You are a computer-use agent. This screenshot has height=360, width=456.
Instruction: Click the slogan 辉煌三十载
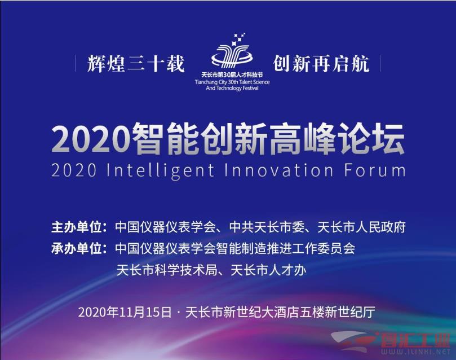[136, 64]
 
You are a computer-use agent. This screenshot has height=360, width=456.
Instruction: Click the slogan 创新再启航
[321, 64]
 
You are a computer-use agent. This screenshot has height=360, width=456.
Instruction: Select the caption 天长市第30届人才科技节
[232, 75]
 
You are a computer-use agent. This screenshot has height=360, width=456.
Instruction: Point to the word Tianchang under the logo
[206, 82]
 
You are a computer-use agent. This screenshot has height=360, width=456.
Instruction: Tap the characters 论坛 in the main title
[371, 139]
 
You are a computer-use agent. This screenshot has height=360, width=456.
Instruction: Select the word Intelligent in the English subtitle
[161, 171]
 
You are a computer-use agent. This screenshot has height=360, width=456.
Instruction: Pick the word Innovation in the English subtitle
[279, 170]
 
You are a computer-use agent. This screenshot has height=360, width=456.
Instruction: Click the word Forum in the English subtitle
[375, 170]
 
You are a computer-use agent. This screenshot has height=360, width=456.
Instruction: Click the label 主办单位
[77, 227]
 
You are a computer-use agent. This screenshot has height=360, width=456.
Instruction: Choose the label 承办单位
[77, 248]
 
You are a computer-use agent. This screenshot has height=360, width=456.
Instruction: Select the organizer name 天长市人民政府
[361, 227]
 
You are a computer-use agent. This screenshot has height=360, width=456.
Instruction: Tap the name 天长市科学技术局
[167, 270]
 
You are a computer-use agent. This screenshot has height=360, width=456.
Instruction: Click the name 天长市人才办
[268, 270]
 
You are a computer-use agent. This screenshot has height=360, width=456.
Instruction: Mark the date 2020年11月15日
[125, 312]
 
